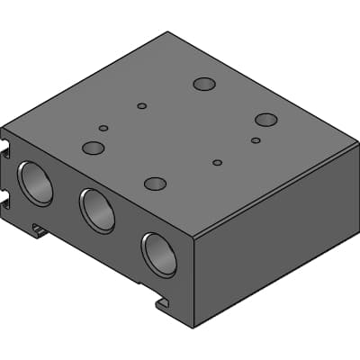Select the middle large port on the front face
coord(97,211)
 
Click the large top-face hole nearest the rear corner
coord(204,85)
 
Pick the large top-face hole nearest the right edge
coord(265,120)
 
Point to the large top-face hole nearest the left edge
coord(94,148)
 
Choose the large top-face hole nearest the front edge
coord(156,184)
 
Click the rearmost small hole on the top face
coord(142,106)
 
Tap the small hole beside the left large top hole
coord(103,129)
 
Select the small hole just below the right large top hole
coord(256,140)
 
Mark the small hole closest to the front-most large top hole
coord(217,163)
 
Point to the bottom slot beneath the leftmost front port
coord(40,230)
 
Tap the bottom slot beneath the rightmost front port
coord(162,303)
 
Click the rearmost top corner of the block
coord(168,32)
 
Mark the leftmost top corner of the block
coord(3,126)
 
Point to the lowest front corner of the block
coord(193,327)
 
